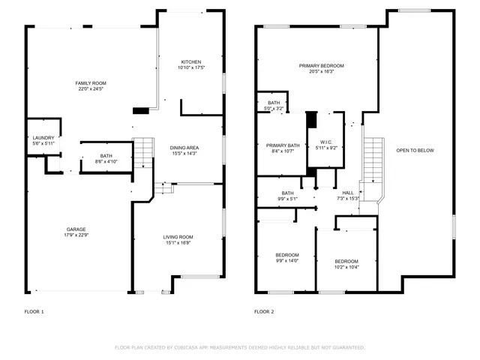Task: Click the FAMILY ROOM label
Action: pos(88,82)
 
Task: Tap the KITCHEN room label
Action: pos(191,61)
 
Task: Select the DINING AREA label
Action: pos(185,148)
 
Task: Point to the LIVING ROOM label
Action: pos(184,237)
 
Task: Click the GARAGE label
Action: pos(76,229)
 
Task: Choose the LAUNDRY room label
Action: pos(43,138)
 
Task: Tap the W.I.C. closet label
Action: pos(325,142)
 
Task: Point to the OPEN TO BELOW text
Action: pos(415,151)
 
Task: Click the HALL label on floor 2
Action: pos(349,193)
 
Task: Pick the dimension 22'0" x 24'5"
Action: pos(88,89)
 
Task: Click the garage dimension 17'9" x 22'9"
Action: pos(76,235)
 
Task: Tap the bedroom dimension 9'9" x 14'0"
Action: pos(287,260)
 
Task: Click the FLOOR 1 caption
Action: pos(34,311)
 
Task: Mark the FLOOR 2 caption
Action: pos(264,311)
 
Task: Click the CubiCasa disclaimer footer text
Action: pos(239,347)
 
